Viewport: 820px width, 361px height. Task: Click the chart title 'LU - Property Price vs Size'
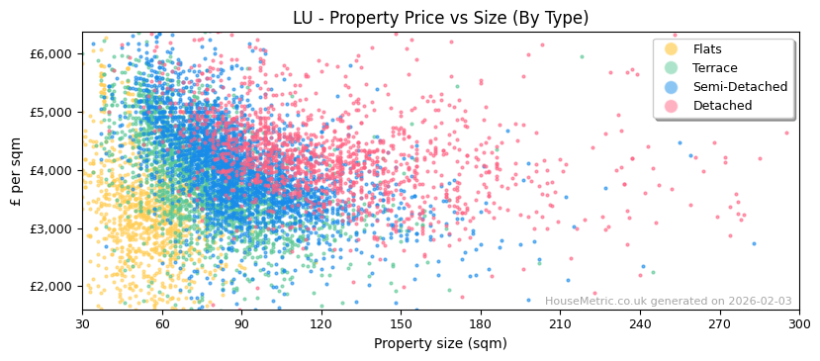(440, 18)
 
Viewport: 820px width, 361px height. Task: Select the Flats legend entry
(707, 49)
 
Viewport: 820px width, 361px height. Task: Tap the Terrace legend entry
(715, 68)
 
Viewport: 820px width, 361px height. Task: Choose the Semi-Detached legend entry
(740, 87)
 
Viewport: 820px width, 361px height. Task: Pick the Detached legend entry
(722, 106)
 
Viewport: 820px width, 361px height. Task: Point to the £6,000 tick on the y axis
(53, 53)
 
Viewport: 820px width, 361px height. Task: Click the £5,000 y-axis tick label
(53, 112)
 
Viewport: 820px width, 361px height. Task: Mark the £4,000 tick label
(53, 170)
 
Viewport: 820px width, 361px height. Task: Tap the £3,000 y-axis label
(53, 228)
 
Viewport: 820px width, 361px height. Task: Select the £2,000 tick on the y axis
(53, 287)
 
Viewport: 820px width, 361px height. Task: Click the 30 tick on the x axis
(82, 323)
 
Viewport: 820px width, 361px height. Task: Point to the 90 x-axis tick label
(241, 323)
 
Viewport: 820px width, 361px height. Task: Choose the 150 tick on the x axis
(401, 323)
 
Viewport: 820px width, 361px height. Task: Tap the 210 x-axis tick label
(560, 323)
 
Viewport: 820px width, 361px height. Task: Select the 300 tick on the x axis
(799, 323)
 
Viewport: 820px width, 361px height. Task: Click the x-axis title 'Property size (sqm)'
(440, 343)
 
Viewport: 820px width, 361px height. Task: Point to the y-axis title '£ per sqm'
(16, 171)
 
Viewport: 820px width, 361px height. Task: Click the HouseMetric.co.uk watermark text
(668, 302)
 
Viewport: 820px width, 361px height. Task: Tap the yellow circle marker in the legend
(672, 49)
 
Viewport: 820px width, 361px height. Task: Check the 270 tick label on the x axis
(719, 323)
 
